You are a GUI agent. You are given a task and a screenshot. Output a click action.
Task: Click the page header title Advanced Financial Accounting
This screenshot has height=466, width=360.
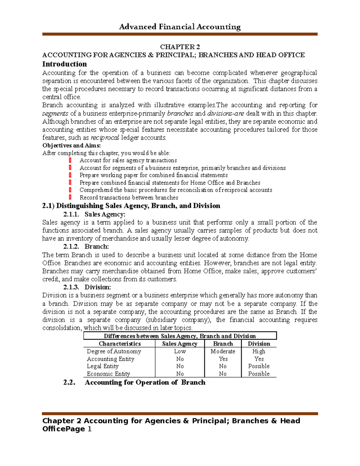pyautogui.click(x=180, y=27)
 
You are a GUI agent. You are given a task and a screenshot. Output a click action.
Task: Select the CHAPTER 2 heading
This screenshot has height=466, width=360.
pyautogui.click(x=180, y=47)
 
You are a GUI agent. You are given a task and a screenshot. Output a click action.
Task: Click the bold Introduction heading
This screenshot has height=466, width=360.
pyautogui.click(x=64, y=64)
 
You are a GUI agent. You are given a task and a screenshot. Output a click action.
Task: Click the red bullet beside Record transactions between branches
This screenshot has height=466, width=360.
pyautogui.click(x=70, y=197)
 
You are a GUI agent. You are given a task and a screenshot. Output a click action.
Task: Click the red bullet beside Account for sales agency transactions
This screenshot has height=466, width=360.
pyautogui.click(x=70, y=160)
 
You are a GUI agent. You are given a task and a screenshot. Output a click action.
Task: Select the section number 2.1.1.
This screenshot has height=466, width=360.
pyautogui.click(x=71, y=214)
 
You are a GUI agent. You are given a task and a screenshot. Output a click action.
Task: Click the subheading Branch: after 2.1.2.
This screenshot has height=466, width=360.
pyautogui.click(x=97, y=247)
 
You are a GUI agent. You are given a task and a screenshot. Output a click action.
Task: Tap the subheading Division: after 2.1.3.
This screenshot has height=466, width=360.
pyautogui.click(x=98, y=287)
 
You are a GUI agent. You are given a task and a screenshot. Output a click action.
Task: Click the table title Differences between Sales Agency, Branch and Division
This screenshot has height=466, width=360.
pyautogui.click(x=180, y=336)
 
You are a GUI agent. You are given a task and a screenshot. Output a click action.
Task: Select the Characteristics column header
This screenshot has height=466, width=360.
pyautogui.click(x=120, y=344)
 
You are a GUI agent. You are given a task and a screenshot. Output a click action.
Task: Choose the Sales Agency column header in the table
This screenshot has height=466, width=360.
pyautogui.click(x=180, y=344)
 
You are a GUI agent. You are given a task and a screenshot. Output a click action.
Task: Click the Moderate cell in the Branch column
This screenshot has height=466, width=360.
pyautogui.click(x=223, y=351)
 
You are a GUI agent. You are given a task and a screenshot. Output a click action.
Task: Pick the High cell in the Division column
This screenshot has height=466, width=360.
pyautogui.click(x=259, y=351)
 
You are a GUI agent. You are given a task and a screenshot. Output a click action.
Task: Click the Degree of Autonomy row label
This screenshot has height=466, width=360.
pyautogui.click(x=114, y=351)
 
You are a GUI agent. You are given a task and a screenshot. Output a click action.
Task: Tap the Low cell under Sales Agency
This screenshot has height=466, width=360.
pyautogui.click(x=180, y=351)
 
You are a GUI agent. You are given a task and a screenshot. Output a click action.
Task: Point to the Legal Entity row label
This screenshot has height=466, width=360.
pyautogui.click(x=103, y=366)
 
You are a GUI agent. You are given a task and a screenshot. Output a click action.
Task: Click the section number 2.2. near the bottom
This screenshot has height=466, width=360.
pyautogui.click(x=69, y=383)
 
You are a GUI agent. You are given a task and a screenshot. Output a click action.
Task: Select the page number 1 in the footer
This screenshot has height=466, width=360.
pyautogui.click(x=89, y=429)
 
